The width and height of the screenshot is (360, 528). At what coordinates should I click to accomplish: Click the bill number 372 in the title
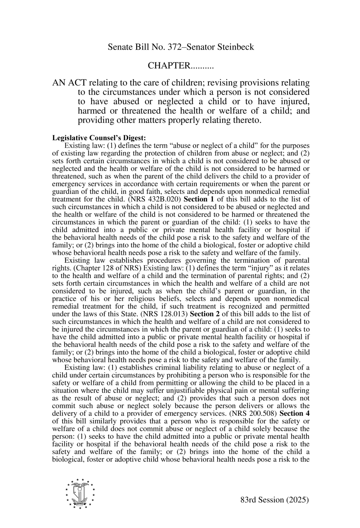162,47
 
